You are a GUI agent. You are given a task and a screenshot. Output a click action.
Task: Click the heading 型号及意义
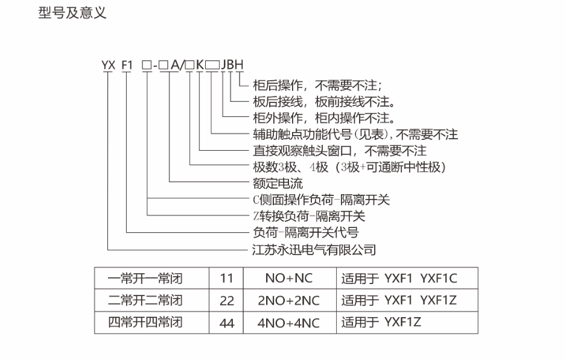[72, 13]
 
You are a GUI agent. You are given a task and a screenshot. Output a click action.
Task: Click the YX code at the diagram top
[109, 64]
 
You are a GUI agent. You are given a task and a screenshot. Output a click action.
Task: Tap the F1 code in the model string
[127, 64]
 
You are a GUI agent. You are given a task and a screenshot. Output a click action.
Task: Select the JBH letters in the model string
[232, 64]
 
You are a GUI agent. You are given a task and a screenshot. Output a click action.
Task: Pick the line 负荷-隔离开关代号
[308, 232]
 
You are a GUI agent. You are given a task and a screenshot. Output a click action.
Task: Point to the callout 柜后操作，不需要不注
[320, 85]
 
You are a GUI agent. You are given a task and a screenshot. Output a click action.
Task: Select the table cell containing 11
[226, 279]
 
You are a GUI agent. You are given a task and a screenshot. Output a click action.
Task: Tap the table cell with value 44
[226, 323]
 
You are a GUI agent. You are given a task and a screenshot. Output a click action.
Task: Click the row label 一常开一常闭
[145, 279]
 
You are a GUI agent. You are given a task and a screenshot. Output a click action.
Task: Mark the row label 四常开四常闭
[145, 323]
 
